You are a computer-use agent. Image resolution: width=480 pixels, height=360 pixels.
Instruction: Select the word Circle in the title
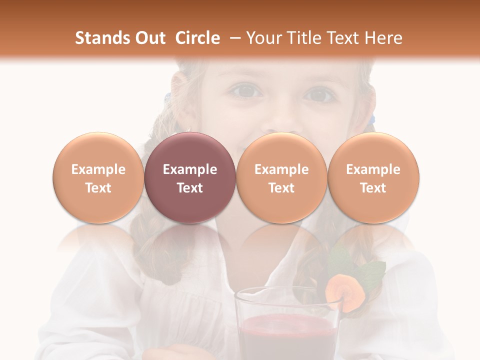pos(197,38)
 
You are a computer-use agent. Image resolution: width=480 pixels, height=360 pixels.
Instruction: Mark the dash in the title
pos(232,38)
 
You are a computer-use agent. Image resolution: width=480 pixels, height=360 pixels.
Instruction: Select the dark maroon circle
pos(190,178)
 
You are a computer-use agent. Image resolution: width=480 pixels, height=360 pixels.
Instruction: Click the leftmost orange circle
pos(98,178)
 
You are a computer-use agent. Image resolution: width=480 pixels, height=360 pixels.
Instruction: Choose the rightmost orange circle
pos(373,178)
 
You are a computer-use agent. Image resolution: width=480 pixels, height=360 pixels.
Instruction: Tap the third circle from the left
pos(281,178)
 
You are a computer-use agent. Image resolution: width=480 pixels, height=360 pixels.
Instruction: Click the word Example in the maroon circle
pos(190,169)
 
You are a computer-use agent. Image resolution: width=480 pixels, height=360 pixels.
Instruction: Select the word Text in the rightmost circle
pos(373,188)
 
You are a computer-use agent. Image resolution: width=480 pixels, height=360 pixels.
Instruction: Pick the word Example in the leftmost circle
pos(98,169)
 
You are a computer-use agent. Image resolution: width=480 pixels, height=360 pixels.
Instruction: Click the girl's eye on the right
pos(319,93)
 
